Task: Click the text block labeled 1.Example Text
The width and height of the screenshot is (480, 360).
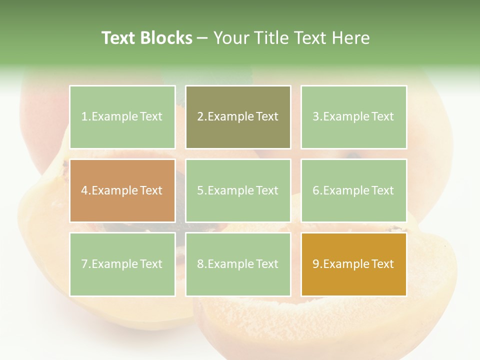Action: coord(122,117)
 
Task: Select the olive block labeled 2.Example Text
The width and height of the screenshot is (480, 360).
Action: coord(238,117)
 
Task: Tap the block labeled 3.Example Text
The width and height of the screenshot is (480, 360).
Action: coord(353,117)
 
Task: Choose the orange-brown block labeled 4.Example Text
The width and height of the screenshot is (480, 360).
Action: coord(122,190)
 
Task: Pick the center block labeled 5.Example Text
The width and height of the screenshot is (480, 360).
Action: coord(238,190)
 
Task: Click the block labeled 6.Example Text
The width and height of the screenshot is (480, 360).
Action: coord(353,190)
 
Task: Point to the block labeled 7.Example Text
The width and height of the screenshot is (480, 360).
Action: coord(122,264)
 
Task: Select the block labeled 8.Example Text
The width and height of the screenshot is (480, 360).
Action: coord(238,264)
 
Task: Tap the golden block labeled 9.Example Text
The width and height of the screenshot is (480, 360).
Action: coord(353,264)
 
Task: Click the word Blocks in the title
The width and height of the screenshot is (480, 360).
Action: coord(167,38)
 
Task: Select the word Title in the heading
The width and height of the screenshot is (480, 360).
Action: coord(268,38)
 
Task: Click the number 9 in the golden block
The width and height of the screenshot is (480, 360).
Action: coord(315,264)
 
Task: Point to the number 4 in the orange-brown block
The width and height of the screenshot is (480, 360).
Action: coord(84,190)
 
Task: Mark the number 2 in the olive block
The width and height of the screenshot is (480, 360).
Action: coord(200,117)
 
